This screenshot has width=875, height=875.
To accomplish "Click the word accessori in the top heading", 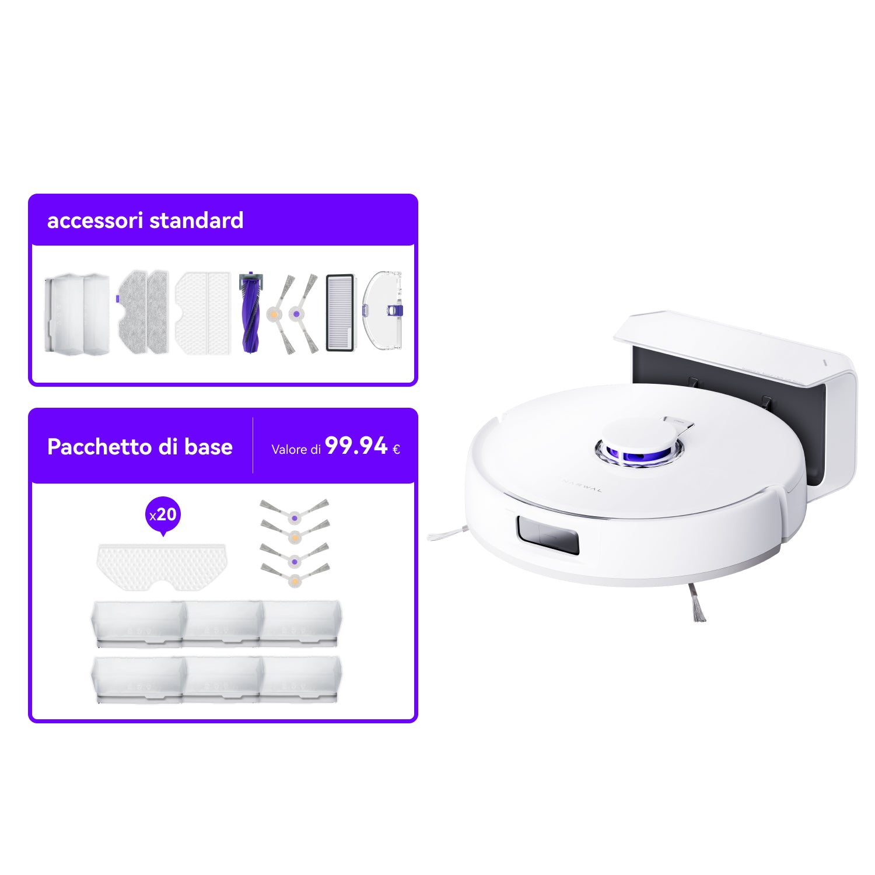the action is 95,220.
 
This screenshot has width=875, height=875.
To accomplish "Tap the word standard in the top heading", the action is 197,220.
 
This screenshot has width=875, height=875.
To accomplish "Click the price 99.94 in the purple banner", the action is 356,446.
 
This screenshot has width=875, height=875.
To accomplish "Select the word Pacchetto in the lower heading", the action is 99,447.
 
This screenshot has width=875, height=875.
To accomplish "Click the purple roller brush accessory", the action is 250,312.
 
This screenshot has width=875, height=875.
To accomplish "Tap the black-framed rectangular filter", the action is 340,312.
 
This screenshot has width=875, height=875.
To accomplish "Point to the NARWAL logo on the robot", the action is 582,485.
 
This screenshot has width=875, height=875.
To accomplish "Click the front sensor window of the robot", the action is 548,534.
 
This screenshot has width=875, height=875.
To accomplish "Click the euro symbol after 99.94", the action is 396,449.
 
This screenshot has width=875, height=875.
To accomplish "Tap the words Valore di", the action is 296,449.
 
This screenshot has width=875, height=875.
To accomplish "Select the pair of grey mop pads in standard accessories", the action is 143,312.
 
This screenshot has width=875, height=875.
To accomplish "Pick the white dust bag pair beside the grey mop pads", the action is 203,312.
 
